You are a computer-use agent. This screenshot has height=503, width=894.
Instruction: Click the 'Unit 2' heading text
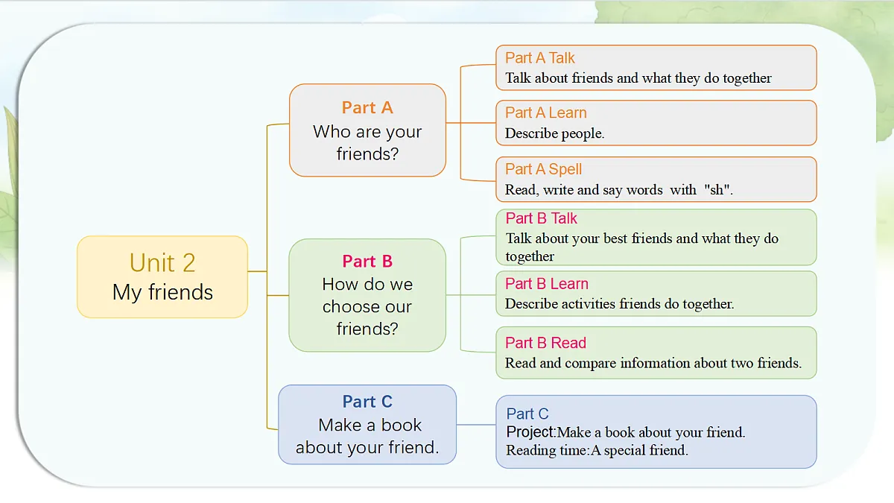(162, 262)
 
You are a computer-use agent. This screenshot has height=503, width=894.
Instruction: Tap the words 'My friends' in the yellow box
(163, 293)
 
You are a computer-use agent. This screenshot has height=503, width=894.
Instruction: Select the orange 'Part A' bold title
(367, 108)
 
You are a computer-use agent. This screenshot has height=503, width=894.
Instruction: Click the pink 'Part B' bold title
(367, 262)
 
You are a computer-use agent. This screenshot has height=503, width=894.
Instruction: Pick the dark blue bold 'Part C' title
(367, 402)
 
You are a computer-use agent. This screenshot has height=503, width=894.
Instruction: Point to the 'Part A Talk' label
(539, 58)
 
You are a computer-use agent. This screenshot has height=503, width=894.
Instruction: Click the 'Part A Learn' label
(545, 113)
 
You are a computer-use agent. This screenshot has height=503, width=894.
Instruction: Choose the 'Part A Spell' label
(543, 169)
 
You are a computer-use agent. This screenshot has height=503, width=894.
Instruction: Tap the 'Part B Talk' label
(541, 218)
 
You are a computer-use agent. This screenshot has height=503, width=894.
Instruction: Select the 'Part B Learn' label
(547, 284)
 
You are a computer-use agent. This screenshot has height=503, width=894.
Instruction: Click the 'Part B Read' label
(545, 343)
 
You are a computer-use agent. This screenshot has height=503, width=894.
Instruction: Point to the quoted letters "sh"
(717, 189)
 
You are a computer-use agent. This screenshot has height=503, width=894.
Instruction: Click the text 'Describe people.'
(554, 133)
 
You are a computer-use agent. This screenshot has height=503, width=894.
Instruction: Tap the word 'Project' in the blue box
(530, 432)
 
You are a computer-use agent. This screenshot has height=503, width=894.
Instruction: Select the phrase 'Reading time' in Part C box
(546, 451)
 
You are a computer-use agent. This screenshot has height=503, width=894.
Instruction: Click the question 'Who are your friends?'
(367, 142)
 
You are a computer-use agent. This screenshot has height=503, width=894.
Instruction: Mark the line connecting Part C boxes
(476, 425)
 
